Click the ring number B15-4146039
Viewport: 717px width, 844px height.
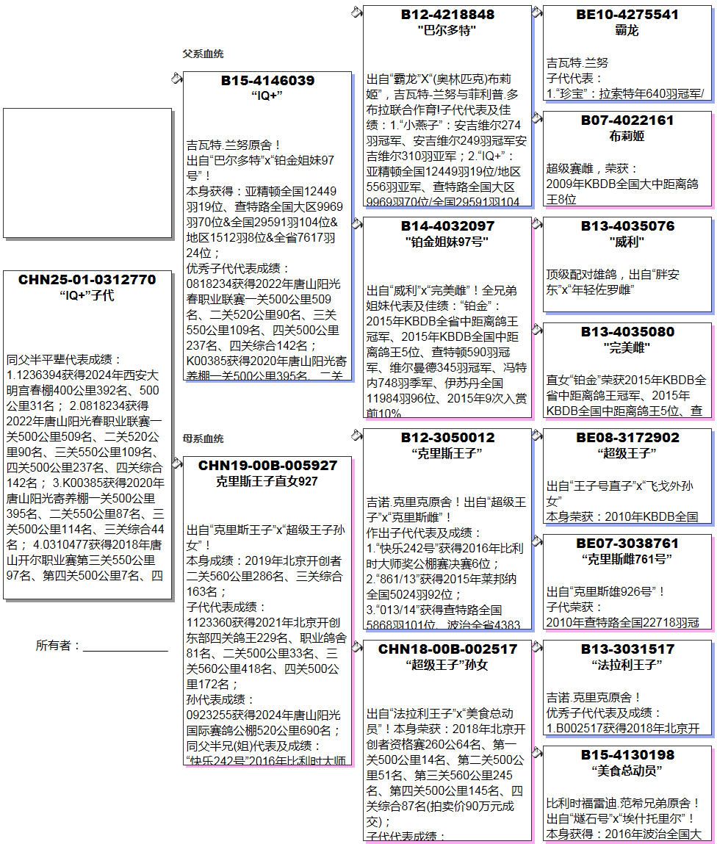tap(267, 81)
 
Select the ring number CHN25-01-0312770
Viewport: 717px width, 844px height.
tap(87, 280)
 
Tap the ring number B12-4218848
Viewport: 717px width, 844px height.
tap(447, 15)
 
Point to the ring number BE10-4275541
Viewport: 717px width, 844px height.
tap(627, 15)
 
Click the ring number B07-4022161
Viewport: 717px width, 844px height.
tap(627, 120)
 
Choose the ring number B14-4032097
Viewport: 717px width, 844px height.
tap(447, 226)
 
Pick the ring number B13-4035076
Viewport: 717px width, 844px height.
tap(627, 226)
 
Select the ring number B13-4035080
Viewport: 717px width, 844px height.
tap(627, 332)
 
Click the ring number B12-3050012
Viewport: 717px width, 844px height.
tap(447, 438)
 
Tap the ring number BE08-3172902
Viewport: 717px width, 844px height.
tap(627, 438)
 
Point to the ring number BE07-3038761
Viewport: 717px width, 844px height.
tap(627, 544)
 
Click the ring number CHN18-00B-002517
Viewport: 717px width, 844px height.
tap(447, 649)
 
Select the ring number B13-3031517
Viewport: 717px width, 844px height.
tap(627, 649)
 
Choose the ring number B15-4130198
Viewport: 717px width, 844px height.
tap(627, 755)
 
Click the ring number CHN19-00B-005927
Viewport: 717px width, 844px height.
tap(267, 466)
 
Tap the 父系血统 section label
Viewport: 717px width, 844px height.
tap(203, 54)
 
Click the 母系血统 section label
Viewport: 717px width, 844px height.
tap(203, 439)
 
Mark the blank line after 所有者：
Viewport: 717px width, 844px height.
tap(125, 646)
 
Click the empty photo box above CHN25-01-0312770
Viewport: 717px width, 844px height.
tap(87, 173)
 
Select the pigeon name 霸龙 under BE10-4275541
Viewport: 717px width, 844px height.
tap(627, 31)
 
